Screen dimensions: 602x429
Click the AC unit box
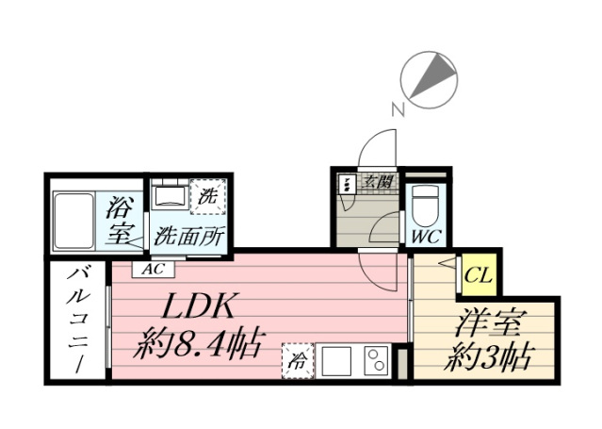coord(154,269)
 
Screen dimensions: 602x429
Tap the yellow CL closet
coord(478,274)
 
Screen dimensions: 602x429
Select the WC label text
coord(427,236)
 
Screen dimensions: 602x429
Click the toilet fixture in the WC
coord(426,206)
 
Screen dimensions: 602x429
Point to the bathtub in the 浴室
coord(73,221)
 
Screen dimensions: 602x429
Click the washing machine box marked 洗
coord(208,196)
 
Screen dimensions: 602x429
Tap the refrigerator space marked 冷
coord(298,360)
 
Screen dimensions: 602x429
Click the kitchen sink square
coord(336,361)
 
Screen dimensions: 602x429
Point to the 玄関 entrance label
coord(378,181)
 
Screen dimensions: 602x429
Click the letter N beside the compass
coord(399,109)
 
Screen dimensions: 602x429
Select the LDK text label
coord(198,306)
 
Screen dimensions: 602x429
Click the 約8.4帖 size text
coord(200,342)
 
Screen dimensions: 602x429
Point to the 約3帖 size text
coord(488,357)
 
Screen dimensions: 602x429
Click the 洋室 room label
coord(488,322)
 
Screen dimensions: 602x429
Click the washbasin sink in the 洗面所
coord(170,197)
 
